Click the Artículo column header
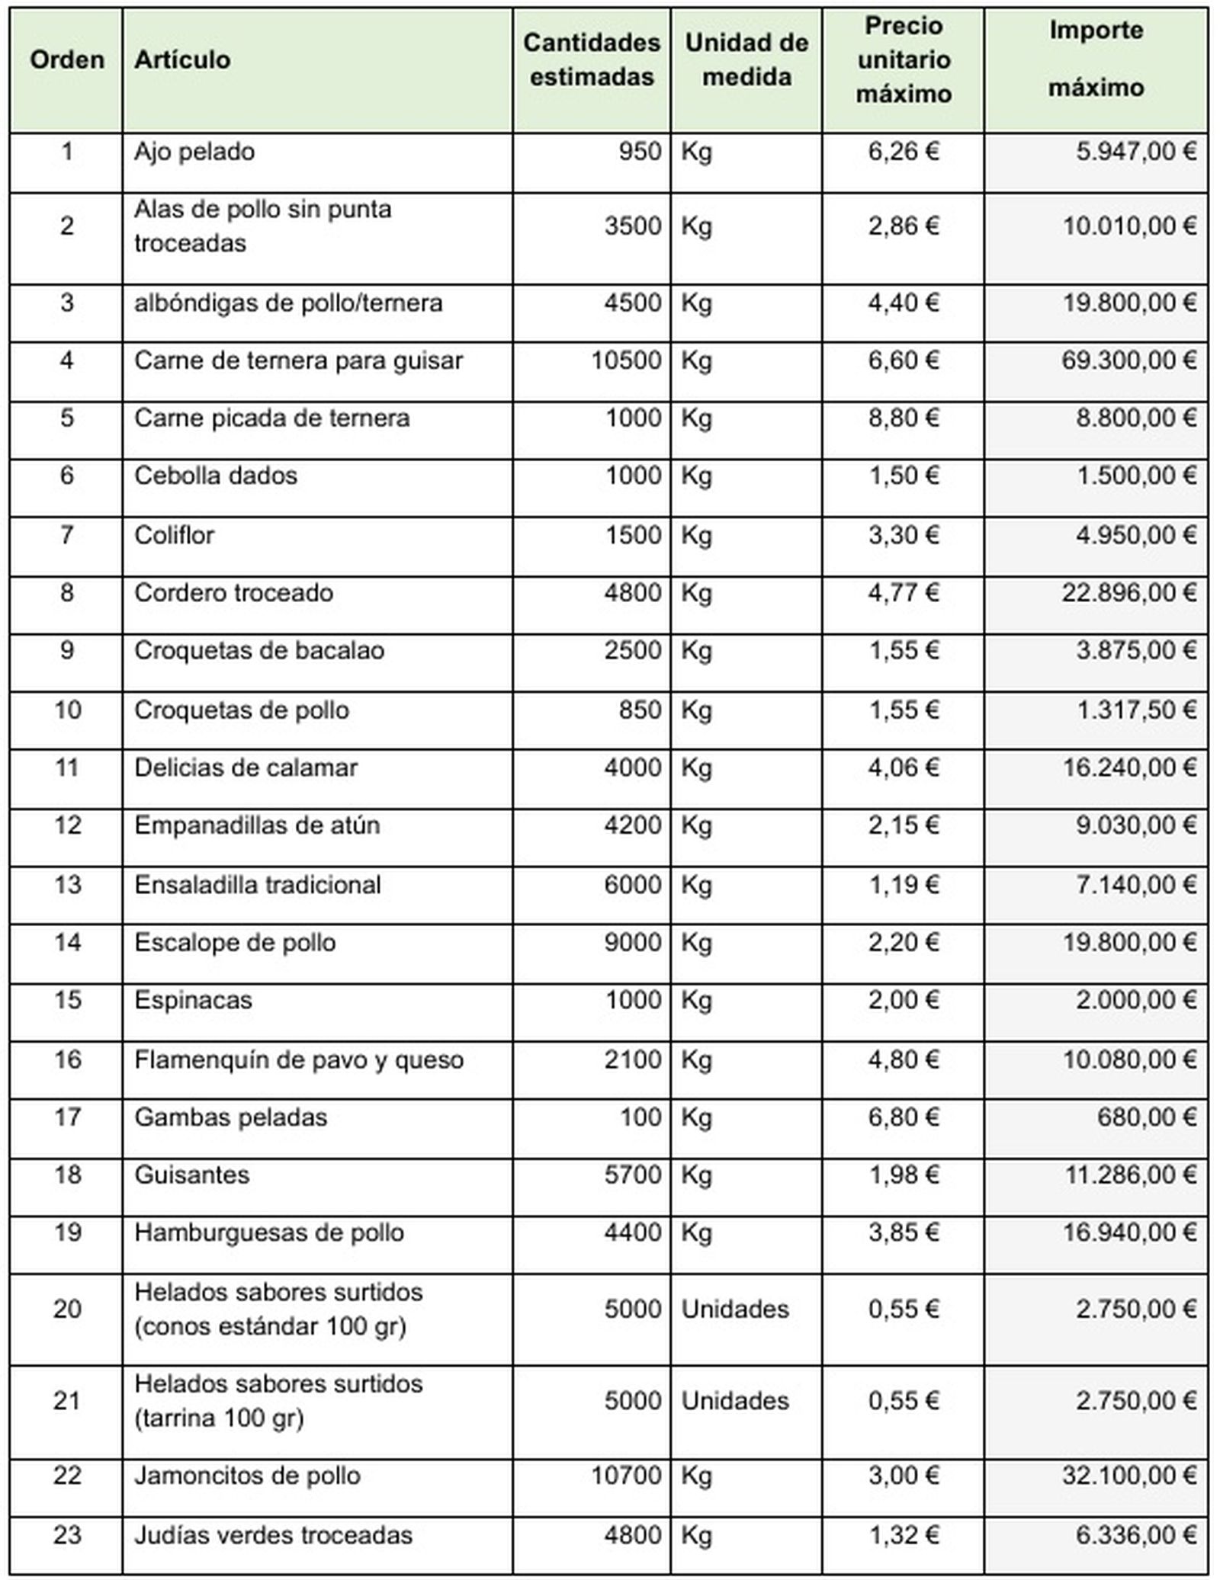182,60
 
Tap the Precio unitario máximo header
904,60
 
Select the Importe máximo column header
1096,59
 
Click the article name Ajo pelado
194,152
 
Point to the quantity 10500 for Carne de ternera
626,360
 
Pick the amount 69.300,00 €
1128,360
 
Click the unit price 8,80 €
904,418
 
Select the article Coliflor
174,535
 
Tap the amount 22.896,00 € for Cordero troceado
1128,593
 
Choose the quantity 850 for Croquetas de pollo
640,710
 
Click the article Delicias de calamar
246,768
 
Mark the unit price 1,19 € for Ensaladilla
904,885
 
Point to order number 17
67,1117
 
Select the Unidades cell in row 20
735,1309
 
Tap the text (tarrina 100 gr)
219,1418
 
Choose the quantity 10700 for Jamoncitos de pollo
626,1476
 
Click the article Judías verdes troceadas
273,1535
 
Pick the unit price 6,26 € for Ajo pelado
904,152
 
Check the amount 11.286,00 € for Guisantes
1129,1175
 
